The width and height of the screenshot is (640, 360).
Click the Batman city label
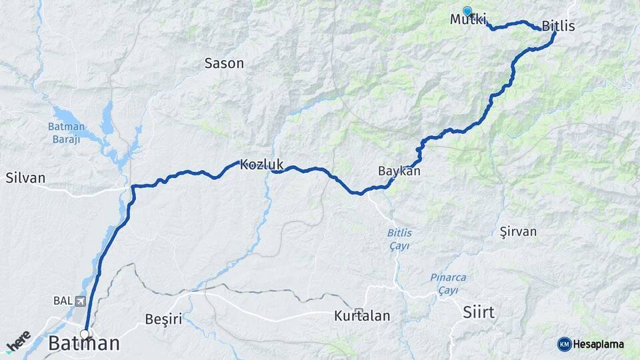[84, 344]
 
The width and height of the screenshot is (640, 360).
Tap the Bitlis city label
[558, 27]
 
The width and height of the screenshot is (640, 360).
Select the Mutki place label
[468, 19]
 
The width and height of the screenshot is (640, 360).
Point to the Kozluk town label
[261, 163]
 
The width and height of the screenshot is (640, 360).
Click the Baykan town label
[399, 171]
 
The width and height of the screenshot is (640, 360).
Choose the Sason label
[224, 64]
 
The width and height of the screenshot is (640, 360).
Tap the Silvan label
[25, 178]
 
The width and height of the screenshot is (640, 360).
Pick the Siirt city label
[479, 311]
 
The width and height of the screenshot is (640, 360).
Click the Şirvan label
[518, 231]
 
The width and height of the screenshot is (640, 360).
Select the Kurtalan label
[362, 316]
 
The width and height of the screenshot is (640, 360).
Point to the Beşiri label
[163, 319]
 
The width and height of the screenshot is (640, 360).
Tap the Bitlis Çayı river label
[399, 239]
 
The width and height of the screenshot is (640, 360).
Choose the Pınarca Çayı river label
[447, 282]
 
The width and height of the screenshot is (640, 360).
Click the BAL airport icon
[81, 301]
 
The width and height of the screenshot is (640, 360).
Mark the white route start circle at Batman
[85, 334]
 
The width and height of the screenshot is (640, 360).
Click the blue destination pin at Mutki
[467, 11]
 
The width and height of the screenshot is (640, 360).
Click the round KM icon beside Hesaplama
[564, 344]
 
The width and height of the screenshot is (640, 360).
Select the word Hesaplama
[599, 344]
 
